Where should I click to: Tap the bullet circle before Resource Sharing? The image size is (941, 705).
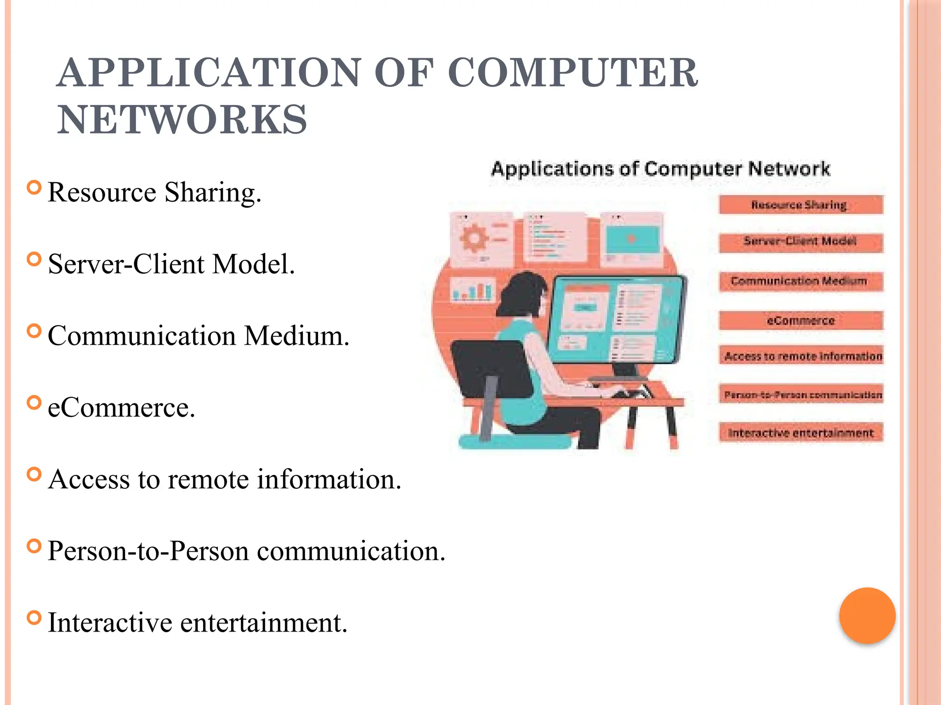34,188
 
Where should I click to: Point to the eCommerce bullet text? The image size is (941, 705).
121,407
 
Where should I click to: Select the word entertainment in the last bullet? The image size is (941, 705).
263,623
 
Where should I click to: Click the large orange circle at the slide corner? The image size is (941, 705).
867,615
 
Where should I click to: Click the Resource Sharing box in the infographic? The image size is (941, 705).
800,205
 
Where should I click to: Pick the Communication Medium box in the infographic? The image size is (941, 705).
800,281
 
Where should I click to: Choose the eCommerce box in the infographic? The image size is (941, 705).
800,320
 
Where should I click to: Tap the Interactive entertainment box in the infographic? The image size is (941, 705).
800,433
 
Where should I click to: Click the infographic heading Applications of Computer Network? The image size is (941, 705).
661,169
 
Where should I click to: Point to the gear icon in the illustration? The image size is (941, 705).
473,239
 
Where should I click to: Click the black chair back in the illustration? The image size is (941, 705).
487,367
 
